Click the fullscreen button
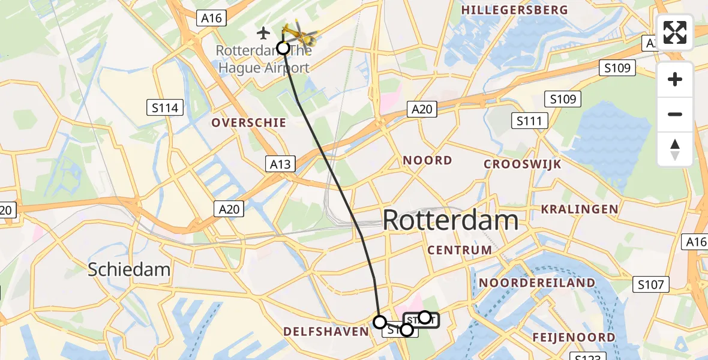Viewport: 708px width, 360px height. click(x=675, y=32)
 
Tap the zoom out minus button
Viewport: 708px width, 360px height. click(x=675, y=114)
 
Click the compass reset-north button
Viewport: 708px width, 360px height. click(x=675, y=149)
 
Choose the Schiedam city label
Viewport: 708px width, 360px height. click(x=129, y=269)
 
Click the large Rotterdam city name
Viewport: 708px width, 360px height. click(x=450, y=220)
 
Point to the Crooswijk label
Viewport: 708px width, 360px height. click(x=522, y=164)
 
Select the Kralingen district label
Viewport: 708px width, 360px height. click(x=579, y=209)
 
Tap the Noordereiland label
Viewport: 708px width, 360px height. click(x=537, y=283)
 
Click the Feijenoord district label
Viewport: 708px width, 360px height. click(x=574, y=337)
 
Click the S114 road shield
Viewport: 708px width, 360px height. click(x=164, y=108)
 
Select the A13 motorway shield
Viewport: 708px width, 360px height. click(x=279, y=163)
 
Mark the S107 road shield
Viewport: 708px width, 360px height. click(x=650, y=284)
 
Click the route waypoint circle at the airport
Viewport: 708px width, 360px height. click(x=283, y=48)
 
